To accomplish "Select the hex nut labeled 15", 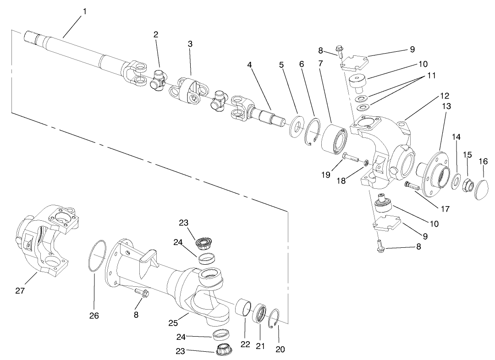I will (467, 184).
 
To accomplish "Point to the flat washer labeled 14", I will (456, 181).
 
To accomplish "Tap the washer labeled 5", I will (297, 125).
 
